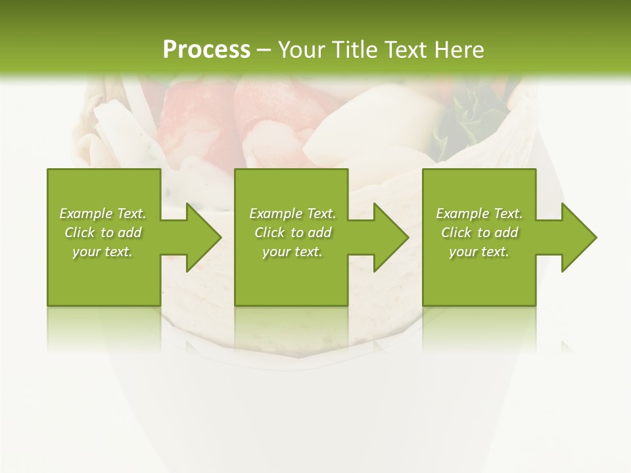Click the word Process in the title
(x=206, y=50)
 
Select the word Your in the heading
(x=301, y=50)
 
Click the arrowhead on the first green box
(x=204, y=237)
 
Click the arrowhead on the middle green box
(x=392, y=237)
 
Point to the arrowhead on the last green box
(x=579, y=237)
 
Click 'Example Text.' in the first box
(x=103, y=214)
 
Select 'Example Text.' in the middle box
(x=292, y=214)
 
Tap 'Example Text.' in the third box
(x=479, y=214)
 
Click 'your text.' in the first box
(x=103, y=252)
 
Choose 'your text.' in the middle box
(x=292, y=252)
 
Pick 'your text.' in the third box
(x=479, y=252)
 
